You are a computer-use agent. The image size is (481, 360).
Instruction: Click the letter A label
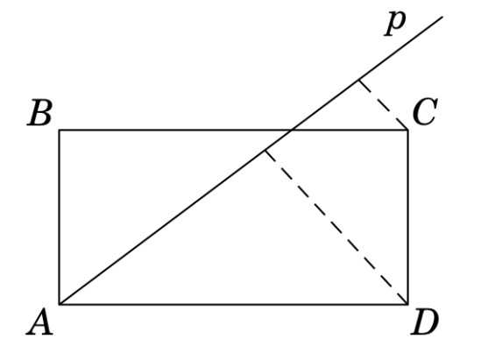[40, 322]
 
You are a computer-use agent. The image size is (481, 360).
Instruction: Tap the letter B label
[40, 112]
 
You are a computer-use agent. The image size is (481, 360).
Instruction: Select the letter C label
[425, 112]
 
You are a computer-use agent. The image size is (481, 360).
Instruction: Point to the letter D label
[425, 322]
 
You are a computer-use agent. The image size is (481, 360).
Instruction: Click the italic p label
[395, 24]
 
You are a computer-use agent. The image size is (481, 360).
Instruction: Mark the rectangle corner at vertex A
[60, 305]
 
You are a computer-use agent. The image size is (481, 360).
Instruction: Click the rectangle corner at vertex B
[60, 131]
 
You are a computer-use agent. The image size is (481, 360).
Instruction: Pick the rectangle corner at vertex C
[408, 131]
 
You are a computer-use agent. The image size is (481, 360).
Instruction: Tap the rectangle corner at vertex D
[408, 305]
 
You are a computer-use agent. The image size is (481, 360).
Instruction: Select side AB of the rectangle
[60, 217]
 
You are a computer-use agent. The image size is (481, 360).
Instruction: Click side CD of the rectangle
[408, 217]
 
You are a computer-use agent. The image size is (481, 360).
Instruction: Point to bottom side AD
[233, 305]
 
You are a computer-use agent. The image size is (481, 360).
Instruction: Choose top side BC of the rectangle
[233, 131]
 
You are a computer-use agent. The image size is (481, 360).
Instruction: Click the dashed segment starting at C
[383, 105]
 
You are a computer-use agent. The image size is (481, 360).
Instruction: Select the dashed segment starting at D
[336, 227]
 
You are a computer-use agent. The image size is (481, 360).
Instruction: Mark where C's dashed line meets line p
[358, 81]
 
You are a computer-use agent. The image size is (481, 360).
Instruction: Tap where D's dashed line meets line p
[265, 151]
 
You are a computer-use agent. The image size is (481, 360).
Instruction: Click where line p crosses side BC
[292, 131]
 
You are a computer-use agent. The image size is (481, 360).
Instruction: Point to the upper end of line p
[442, 17]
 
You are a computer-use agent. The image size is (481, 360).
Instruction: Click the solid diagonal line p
[251, 160]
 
